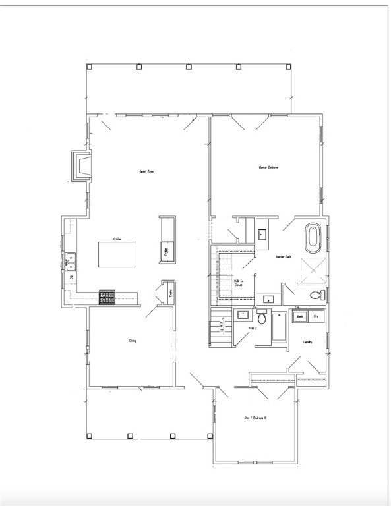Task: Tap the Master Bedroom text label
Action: click(268, 167)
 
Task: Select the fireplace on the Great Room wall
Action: click(82, 166)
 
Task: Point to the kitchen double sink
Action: click(70, 262)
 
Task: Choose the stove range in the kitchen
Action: click(107, 297)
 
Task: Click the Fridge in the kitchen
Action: click(165, 250)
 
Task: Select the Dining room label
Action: click(132, 341)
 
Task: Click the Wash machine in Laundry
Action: click(301, 317)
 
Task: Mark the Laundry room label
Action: click(307, 342)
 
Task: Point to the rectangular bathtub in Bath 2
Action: click(278, 327)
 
